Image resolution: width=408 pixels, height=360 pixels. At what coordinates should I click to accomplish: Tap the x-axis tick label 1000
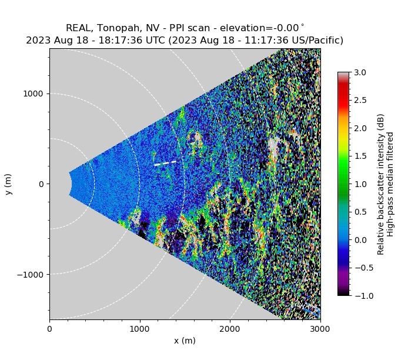point(140,328)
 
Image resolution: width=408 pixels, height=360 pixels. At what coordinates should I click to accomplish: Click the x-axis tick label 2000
point(230,328)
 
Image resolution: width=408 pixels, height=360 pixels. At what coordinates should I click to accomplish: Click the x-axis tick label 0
point(49,328)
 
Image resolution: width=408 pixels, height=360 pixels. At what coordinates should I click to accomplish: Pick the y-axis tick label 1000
point(35,94)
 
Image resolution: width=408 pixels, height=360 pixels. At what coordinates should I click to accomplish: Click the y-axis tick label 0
point(42,184)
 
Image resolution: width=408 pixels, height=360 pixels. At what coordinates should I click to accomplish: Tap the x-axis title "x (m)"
point(185,341)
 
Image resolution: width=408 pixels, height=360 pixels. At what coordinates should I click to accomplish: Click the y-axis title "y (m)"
point(9,184)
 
